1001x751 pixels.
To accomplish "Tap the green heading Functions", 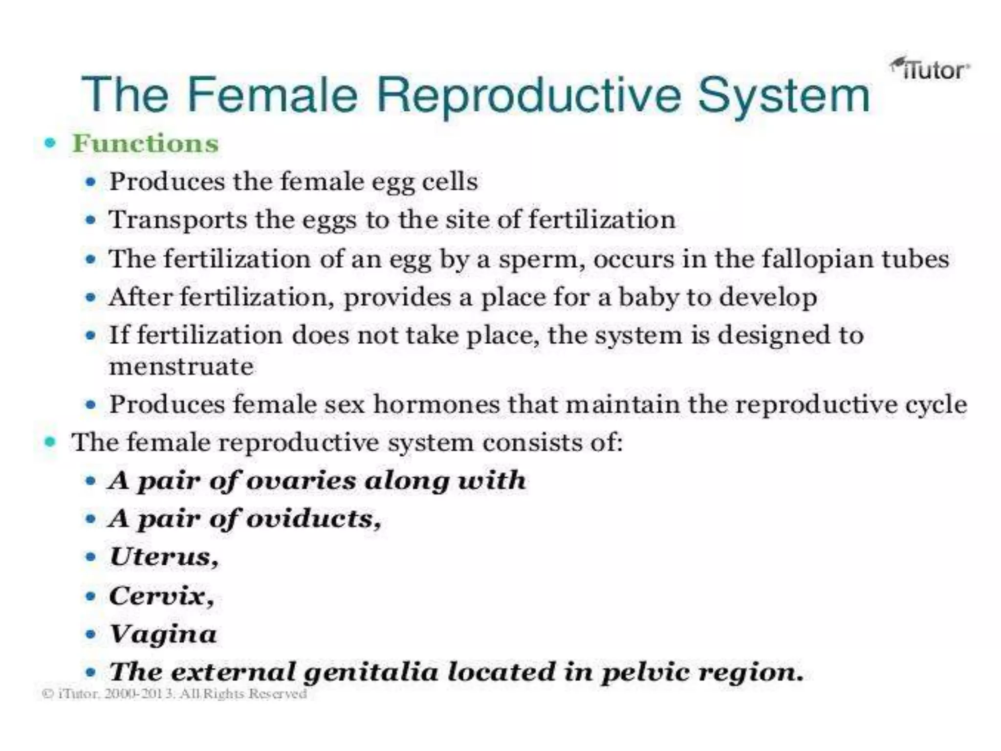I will (x=145, y=144).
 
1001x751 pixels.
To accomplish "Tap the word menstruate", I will (x=181, y=367).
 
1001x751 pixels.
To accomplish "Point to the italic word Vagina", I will (x=163, y=634).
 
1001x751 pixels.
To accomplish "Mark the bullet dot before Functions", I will (x=50, y=143).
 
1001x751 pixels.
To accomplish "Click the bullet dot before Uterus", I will (x=90, y=557).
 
